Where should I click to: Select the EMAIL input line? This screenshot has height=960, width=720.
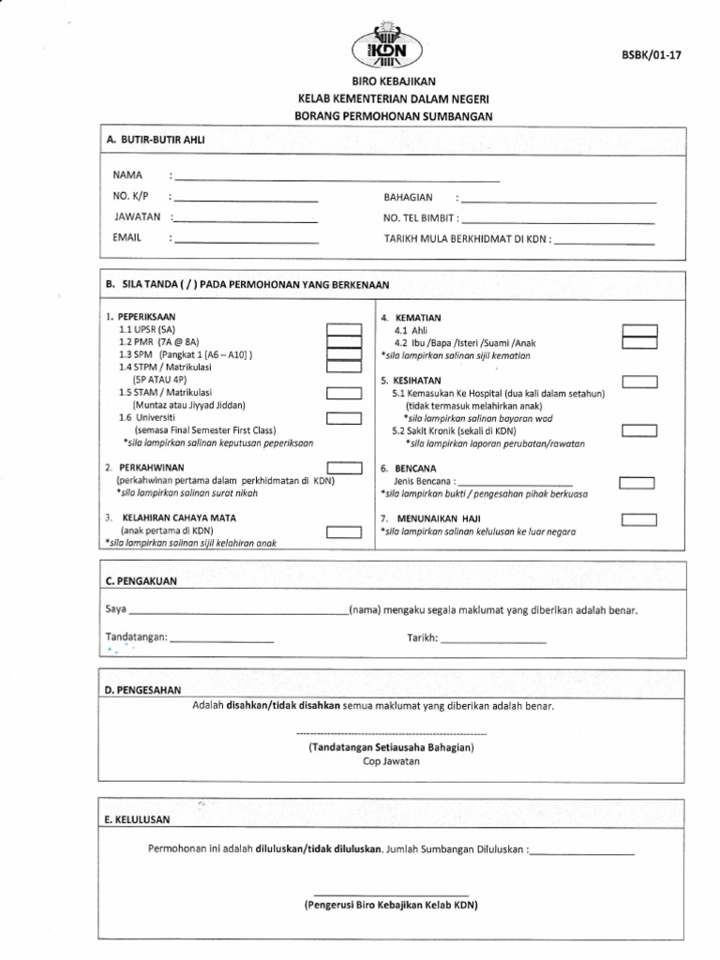click(x=245, y=240)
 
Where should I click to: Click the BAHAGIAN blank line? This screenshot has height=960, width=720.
click(x=559, y=201)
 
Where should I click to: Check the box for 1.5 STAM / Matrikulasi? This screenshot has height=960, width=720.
click(x=344, y=394)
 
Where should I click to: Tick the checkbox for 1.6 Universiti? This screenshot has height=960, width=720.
click(x=344, y=418)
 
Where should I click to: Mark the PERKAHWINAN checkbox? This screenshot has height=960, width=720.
click(x=344, y=468)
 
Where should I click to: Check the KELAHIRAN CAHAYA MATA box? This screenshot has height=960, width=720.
click(x=344, y=532)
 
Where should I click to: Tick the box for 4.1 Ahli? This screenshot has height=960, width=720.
click(x=640, y=331)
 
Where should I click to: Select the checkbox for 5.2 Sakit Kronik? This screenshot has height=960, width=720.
click(x=640, y=430)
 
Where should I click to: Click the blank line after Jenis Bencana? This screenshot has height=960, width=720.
click(x=513, y=480)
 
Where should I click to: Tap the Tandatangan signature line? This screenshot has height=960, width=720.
click(x=222, y=639)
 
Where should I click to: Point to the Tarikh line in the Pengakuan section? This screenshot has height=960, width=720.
click(x=493, y=639)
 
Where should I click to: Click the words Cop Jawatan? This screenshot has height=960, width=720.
click(x=392, y=762)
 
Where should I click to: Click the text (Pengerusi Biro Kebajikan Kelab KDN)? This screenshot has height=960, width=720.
click(x=391, y=905)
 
